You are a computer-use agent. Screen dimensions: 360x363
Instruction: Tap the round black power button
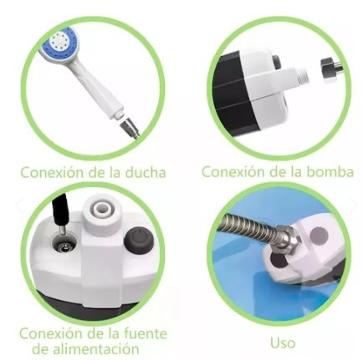[137, 242]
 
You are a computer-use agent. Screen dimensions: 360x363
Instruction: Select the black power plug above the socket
[60, 210]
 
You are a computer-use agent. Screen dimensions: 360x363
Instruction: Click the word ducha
[145, 173]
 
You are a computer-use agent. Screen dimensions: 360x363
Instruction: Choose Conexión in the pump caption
[235, 172]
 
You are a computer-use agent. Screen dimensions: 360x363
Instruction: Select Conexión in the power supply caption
[53, 332]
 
